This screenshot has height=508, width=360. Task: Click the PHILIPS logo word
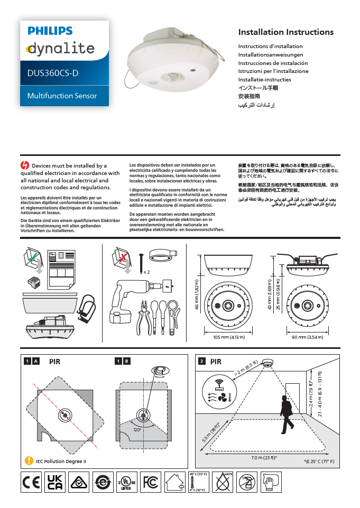click(50, 31)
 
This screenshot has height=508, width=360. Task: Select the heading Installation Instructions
click(285, 32)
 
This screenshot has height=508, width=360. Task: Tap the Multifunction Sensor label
click(62, 96)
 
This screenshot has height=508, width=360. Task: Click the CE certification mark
click(31, 482)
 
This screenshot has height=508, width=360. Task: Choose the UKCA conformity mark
click(55, 482)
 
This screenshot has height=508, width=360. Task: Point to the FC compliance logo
click(151, 482)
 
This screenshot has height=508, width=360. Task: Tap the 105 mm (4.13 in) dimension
click(227, 337)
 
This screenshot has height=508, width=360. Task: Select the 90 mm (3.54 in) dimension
click(309, 337)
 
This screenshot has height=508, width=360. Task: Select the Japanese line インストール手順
click(258, 88)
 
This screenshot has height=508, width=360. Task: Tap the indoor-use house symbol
click(174, 482)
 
